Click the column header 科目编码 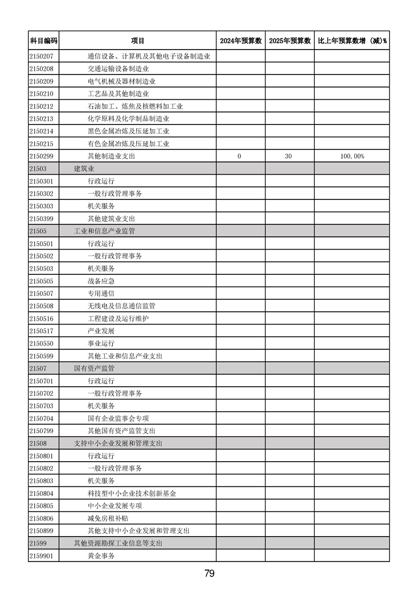pos(43,41)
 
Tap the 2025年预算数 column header pos(289,41)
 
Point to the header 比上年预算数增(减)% pos(352,41)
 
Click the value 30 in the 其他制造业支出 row pos(288,156)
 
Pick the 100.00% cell pos(352,156)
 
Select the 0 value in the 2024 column pos(239,156)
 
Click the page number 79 pos(209,574)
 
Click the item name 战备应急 pos(101,281)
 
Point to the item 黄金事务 pos(101,556)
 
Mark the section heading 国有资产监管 pos(94,368)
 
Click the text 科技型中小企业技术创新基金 pos(132,493)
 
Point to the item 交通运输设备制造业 pos(118,69)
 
